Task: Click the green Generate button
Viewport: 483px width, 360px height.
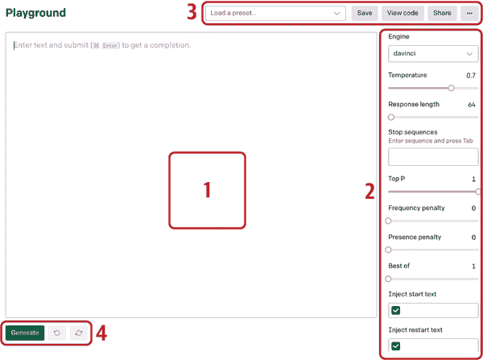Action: pyautogui.click(x=25, y=333)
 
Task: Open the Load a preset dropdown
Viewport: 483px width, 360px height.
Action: pyautogui.click(x=275, y=13)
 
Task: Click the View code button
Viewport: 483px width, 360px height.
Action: pyautogui.click(x=402, y=13)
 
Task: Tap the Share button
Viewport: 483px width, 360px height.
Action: pyautogui.click(x=442, y=13)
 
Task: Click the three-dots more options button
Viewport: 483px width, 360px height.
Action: pyautogui.click(x=470, y=13)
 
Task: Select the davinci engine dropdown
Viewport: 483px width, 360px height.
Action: pyautogui.click(x=433, y=54)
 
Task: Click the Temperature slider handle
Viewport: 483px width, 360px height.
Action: pyautogui.click(x=452, y=88)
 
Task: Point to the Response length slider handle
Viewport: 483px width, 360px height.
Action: pyautogui.click(x=391, y=117)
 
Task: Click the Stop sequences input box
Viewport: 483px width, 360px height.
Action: pyautogui.click(x=433, y=156)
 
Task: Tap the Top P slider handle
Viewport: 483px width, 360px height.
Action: pyautogui.click(x=478, y=192)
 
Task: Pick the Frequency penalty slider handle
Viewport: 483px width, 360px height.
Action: pyautogui.click(x=389, y=221)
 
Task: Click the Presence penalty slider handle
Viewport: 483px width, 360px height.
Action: pyautogui.click(x=389, y=250)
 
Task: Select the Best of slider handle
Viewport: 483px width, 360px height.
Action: pyautogui.click(x=389, y=279)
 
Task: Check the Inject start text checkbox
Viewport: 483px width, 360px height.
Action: pyautogui.click(x=395, y=310)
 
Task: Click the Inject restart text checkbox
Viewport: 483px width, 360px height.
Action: pyautogui.click(x=395, y=346)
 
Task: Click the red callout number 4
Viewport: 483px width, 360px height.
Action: pyautogui.click(x=101, y=333)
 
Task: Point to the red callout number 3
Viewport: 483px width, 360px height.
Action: pyautogui.click(x=192, y=12)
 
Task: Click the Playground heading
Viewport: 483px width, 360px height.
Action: pyautogui.click(x=35, y=13)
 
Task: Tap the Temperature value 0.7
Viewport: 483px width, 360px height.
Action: pyautogui.click(x=471, y=76)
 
